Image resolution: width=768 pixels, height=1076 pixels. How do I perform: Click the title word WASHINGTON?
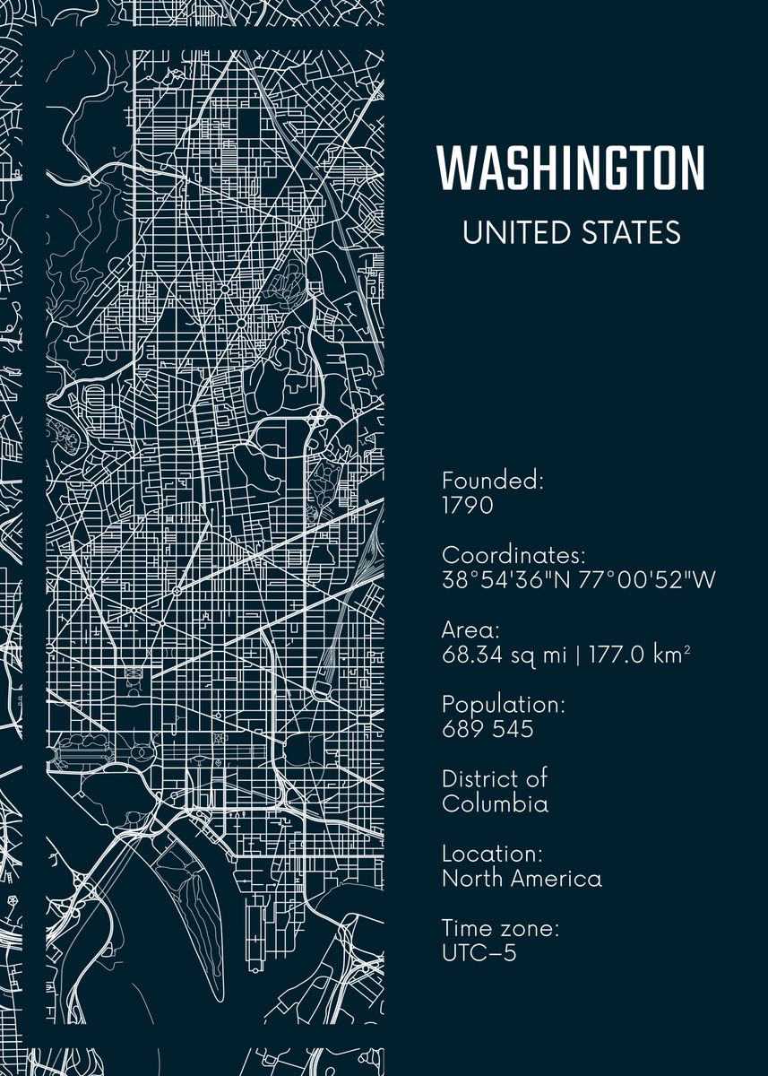[571, 168]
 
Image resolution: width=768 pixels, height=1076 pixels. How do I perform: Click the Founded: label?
[493, 481]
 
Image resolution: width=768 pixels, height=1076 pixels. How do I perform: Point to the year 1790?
[467, 506]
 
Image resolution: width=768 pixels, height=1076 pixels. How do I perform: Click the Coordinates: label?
[513, 555]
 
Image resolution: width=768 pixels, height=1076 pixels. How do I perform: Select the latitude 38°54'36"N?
[506, 580]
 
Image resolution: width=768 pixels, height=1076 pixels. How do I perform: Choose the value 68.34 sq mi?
[505, 655]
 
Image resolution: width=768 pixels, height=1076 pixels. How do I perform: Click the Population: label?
[504, 705]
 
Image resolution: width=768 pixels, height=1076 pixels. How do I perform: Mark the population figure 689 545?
[488, 729]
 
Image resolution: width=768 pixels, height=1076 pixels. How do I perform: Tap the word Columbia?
[495, 803]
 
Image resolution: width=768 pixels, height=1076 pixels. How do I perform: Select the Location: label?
[492, 854]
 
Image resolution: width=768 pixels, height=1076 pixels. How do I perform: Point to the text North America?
[522, 879]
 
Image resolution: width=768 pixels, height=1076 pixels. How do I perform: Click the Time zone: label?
[500, 928]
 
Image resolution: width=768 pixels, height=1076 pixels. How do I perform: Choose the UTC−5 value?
[479, 953]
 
